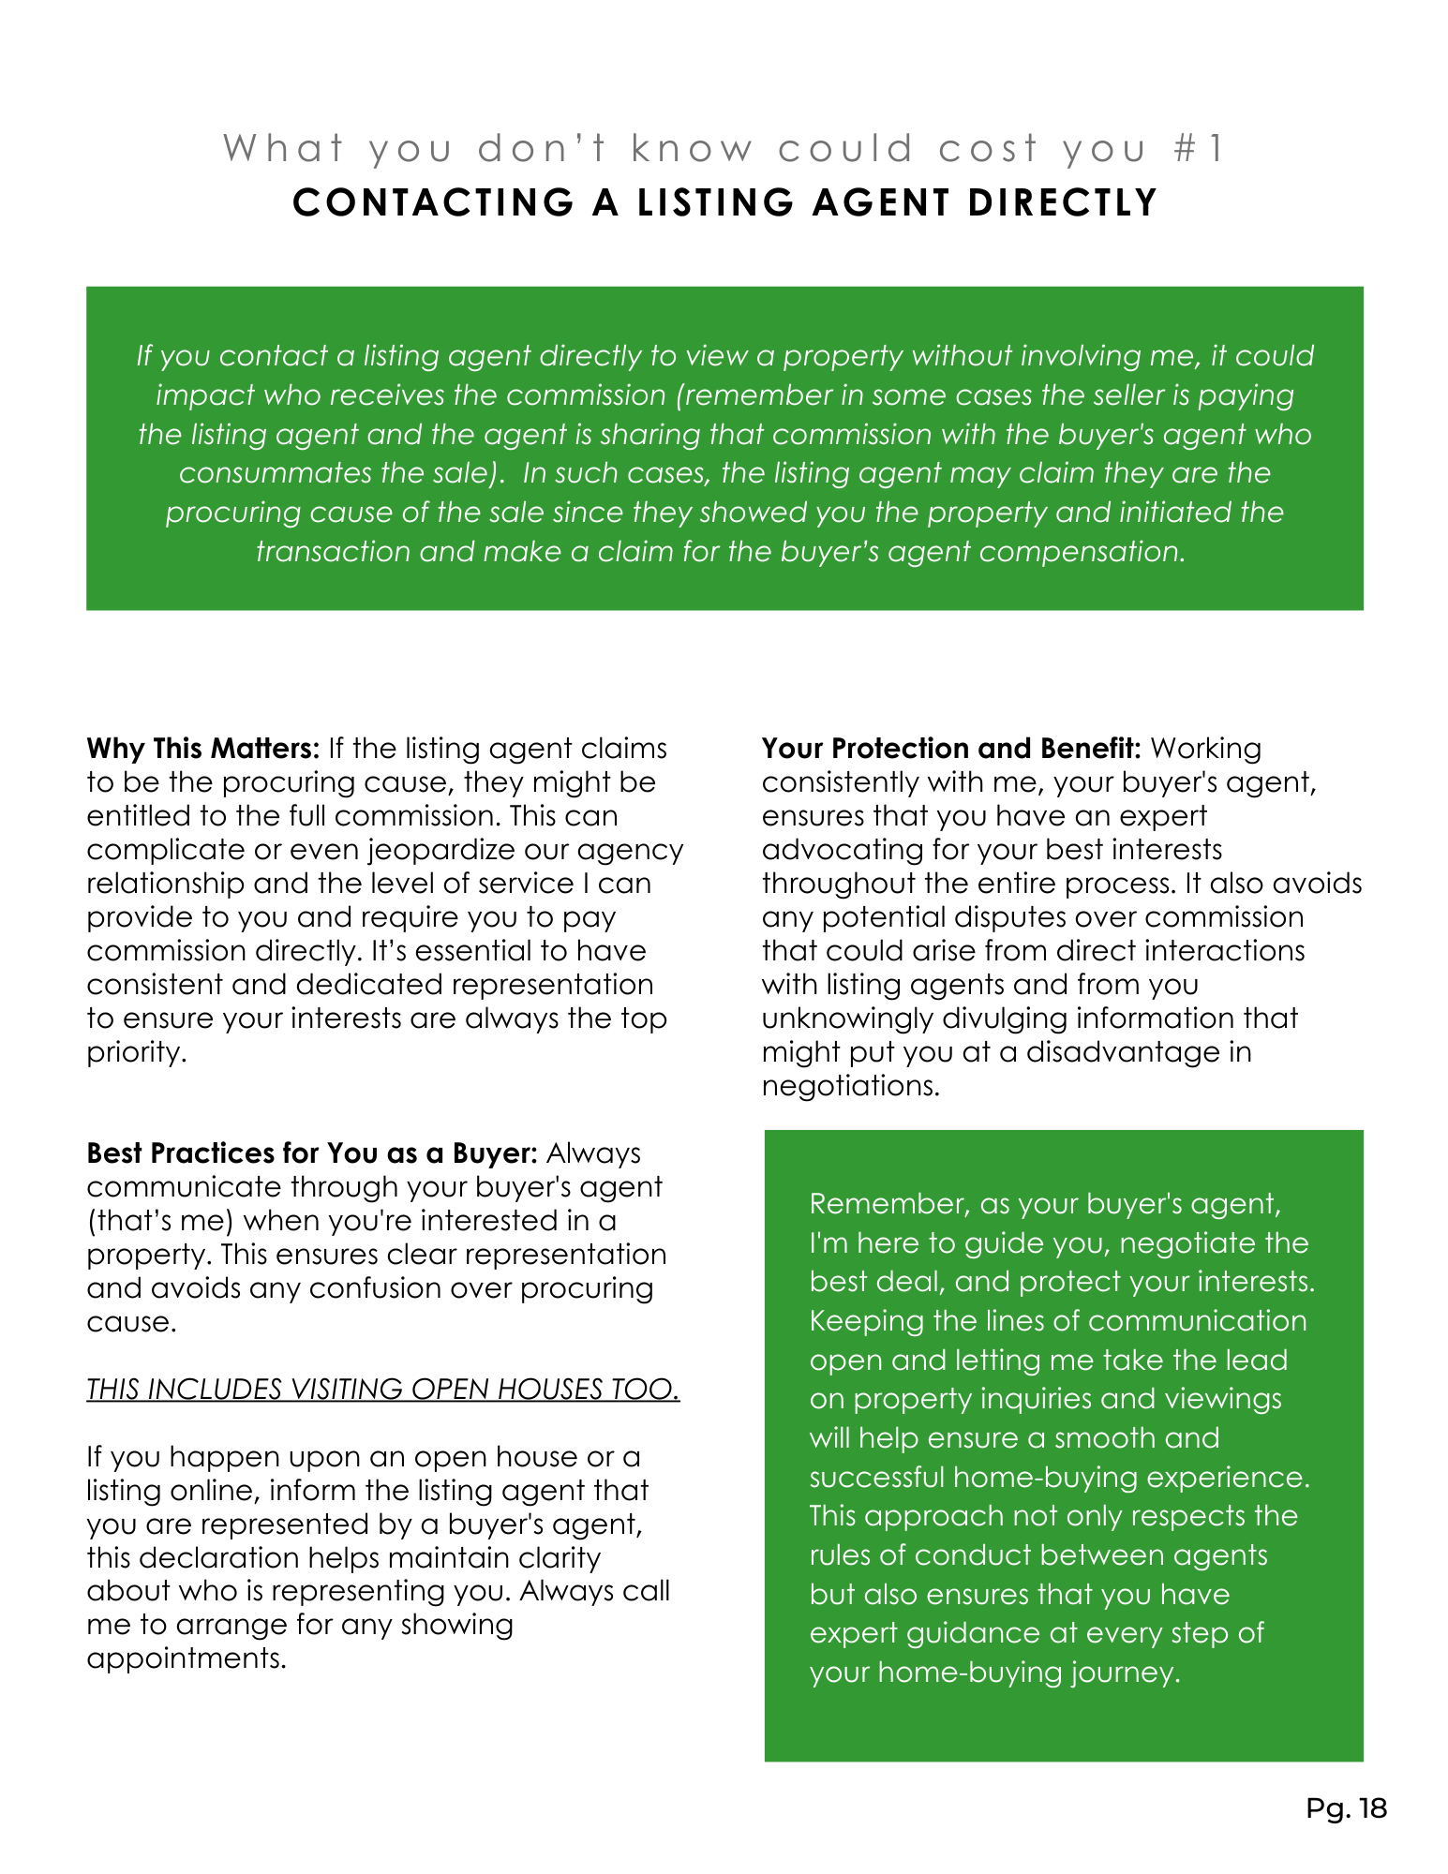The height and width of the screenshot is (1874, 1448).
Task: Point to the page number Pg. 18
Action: [1346, 1808]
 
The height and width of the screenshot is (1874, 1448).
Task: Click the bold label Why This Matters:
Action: [203, 749]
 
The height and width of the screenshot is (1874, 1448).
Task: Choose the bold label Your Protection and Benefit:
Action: [950, 749]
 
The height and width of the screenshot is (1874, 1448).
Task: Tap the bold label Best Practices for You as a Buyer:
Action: [312, 1153]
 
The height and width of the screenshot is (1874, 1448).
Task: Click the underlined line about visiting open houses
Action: [382, 1389]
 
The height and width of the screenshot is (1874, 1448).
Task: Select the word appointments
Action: [187, 1658]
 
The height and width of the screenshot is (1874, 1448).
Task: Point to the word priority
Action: [137, 1052]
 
